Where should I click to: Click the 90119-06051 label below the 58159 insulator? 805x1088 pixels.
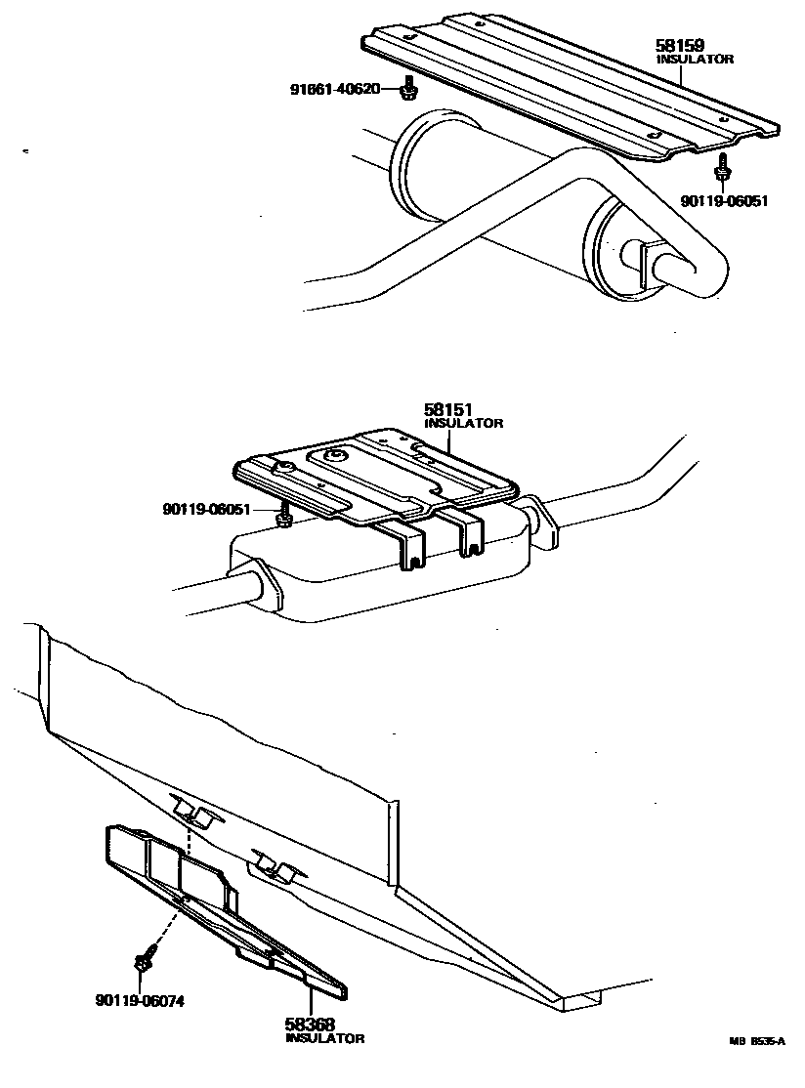click(x=724, y=201)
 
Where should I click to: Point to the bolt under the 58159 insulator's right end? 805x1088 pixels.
click(x=722, y=168)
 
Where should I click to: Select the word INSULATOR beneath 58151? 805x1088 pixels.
click(x=464, y=423)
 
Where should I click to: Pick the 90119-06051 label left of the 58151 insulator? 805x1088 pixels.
click(x=207, y=509)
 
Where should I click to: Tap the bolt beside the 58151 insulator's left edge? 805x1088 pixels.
click(x=284, y=517)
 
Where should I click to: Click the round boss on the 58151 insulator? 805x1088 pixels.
click(x=337, y=455)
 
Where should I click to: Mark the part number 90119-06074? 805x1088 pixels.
click(x=140, y=1000)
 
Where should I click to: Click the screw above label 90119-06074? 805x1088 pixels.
click(x=144, y=958)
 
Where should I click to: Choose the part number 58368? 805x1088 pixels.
click(x=310, y=1025)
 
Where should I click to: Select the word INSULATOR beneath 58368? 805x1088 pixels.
click(x=324, y=1038)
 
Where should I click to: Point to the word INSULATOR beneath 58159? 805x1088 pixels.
click(x=694, y=59)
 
